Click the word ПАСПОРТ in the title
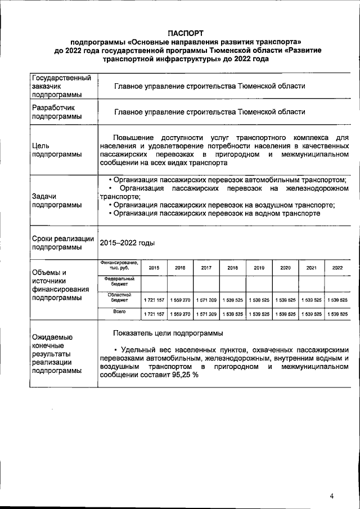[x=186, y=33]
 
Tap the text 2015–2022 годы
[x=127, y=242]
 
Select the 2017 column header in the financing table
[x=206, y=268]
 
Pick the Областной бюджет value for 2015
[x=154, y=300]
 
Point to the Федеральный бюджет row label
[x=119, y=282]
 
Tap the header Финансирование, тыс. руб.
[x=119, y=265]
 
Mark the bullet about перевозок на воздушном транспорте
[x=223, y=205]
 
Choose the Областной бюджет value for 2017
[x=206, y=300]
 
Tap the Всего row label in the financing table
[x=119, y=311]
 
